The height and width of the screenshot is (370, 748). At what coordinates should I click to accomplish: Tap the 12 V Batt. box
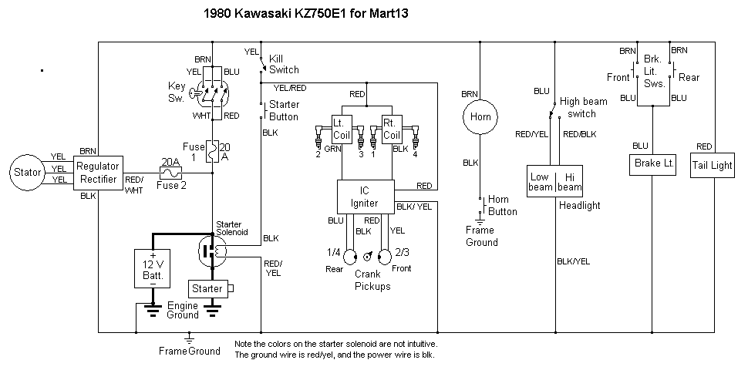[x=153, y=267]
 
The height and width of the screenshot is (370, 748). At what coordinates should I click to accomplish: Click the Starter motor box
[x=208, y=289]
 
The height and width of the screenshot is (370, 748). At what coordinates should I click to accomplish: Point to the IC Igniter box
[x=366, y=197]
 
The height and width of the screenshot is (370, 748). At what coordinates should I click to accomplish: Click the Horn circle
[x=482, y=117]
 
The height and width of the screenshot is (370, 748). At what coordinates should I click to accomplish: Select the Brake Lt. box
[x=653, y=163]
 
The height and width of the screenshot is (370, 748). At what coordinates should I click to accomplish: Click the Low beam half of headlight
[x=540, y=182]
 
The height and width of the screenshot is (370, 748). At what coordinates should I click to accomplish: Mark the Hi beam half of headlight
[x=570, y=182]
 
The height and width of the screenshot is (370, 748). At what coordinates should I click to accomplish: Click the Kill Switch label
[x=284, y=64]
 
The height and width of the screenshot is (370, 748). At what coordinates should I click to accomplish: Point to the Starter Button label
[x=284, y=110]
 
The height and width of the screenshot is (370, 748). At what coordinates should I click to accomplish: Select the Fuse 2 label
[x=172, y=186]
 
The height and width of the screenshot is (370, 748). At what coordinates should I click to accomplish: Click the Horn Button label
[x=504, y=205]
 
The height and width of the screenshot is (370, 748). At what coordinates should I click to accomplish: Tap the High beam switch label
[x=584, y=107]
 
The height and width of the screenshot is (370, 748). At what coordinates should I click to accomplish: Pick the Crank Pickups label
[x=372, y=280]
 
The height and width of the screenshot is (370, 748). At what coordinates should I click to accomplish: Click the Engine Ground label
[x=184, y=310]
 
